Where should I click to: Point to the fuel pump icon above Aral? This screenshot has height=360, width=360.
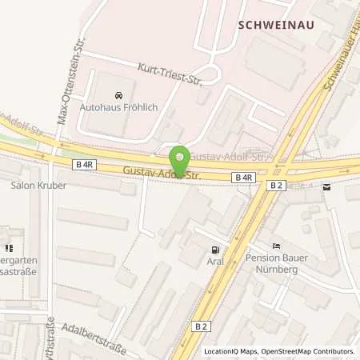(x=214, y=249)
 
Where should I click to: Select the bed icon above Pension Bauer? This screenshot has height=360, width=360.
(x=276, y=246)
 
